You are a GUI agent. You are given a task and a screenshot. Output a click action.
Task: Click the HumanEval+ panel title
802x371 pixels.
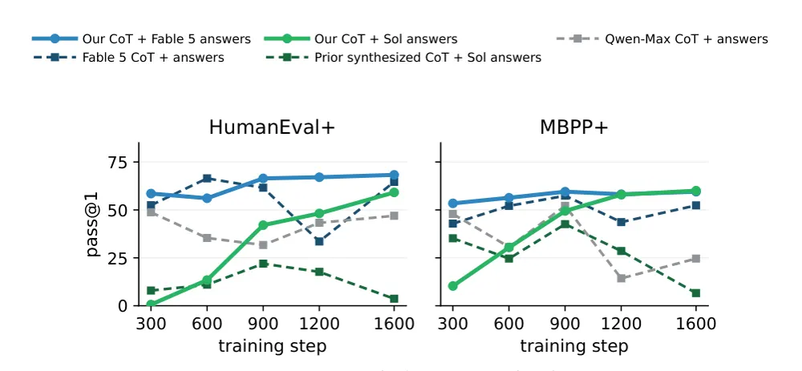pyautogui.click(x=272, y=127)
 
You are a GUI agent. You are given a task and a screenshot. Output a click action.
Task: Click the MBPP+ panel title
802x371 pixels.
pyautogui.click(x=574, y=127)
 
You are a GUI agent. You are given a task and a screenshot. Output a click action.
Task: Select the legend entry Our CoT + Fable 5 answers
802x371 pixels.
pyautogui.click(x=141, y=38)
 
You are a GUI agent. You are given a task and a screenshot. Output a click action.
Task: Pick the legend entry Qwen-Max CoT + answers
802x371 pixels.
pyautogui.click(x=662, y=38)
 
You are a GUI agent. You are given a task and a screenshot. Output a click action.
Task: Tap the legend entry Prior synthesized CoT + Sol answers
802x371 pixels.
pyautogui.click(x=404, y=58)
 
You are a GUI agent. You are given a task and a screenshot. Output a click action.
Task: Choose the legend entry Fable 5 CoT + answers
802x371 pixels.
pyautogui.click(x=128, y=58)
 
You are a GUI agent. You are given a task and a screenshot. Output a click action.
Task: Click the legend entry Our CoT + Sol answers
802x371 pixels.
pyautogui.click(x=361, y=38)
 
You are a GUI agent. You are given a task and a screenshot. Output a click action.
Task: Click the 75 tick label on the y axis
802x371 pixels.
pyautogui.click(x=115, y=162)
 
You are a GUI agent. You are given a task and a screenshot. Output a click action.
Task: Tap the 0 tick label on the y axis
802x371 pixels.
pyautogui.click(x=121, y=305)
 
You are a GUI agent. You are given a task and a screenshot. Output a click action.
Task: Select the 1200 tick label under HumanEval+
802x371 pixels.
pyautogui.click(x=319, y=324)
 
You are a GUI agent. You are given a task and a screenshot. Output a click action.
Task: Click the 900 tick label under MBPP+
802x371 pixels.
pyautogui.click(x=565, y=324)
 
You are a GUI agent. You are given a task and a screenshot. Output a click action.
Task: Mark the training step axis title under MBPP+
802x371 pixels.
pyautogui.click(x=574, y=346)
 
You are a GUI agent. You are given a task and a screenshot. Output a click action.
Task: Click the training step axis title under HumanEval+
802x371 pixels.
pyautogui.click(x=272, y=346)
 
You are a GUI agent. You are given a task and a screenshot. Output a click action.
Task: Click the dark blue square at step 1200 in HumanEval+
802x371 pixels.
pyautogui.click(x=319, y=241)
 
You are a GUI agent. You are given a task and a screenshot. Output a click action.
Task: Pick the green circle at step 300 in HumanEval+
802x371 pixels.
pyautogui.click(x=151, y=304)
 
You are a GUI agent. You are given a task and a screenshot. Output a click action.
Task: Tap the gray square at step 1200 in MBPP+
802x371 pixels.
pyautogui.click(x=621, y=279)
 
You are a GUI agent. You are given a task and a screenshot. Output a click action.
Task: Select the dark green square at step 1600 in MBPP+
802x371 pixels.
pyautogui.click(x=695, y=292)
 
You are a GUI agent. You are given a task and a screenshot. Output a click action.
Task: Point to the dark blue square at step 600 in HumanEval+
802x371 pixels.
pyautogui.click(x=207, y=178)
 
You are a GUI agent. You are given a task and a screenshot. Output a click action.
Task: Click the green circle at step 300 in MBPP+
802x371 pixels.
pyautogui.click(x=452, y=285)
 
